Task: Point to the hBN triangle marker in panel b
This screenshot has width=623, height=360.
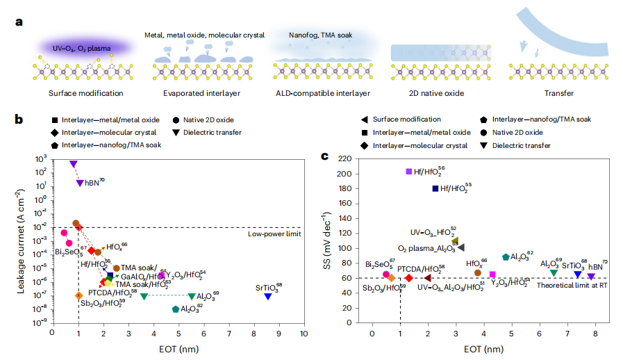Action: pos(80,183)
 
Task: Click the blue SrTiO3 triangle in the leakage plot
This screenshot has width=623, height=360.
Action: pos(268,296)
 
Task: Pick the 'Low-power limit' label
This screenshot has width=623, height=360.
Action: pos(274,234)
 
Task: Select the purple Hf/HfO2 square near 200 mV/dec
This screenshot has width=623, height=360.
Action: pos(409,171)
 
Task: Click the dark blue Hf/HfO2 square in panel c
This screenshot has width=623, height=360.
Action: pos(435,188)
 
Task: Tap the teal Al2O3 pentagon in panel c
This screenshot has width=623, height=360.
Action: pos(506,257)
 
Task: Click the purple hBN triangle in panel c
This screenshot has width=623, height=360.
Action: pos(591,276)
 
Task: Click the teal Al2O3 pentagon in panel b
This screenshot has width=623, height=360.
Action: pos(176,309)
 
